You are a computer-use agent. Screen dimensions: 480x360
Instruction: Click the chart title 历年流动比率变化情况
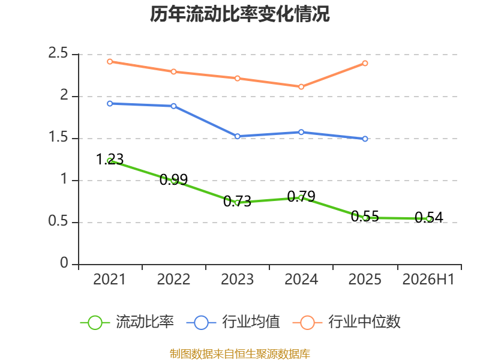click(x=239, y=14)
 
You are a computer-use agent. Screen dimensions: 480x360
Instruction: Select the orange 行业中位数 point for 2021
click(x=110, y=62)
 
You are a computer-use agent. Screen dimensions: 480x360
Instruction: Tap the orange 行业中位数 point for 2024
click(x=301, y=87)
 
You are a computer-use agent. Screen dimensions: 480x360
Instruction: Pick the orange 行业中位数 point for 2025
click(x=365, y=64)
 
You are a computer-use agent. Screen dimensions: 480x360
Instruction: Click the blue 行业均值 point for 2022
click(x=173, y=106)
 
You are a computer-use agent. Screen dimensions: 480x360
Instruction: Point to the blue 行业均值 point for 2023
click(x=237, y=136)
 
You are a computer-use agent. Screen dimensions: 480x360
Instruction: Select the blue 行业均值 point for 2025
click(x=365, y=139)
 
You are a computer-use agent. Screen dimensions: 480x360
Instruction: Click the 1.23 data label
click(x=110, y=159)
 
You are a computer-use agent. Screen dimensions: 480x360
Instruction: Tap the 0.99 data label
click(x=173, y=179)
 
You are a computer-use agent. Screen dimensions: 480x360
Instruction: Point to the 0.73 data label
click(x=237, y=201)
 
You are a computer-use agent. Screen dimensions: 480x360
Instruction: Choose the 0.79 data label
click(x=301, y=196)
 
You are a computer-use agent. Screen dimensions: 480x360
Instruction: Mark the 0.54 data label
click(x=429, y=217)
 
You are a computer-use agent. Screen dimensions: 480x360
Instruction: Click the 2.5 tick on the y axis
click(x=58, y=53)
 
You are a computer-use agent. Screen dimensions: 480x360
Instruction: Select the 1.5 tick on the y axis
click(x=58, y=137)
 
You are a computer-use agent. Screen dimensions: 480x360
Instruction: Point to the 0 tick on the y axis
click(x=64, y=263)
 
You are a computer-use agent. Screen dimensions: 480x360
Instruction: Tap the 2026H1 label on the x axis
click(x=428, y=280)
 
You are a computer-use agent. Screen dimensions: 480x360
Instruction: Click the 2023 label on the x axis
click(x=237, y=280)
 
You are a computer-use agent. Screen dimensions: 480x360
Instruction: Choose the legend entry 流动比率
click(x=127, y=322)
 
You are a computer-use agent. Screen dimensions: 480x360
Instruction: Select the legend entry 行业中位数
click(x=346, y=322)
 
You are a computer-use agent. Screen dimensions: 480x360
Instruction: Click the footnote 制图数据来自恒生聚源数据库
click(x=239, y=354)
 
